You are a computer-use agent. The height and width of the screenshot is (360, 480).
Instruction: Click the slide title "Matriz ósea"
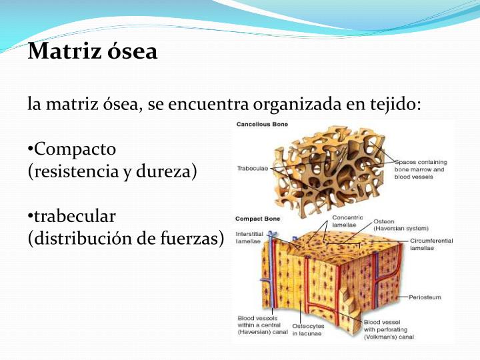click(93, 51)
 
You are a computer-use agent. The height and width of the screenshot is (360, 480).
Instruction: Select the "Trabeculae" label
click(252, 169)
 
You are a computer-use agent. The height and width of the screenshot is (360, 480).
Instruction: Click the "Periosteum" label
click(425, 297)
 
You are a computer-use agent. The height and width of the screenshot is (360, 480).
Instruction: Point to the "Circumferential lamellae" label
click(431, 243)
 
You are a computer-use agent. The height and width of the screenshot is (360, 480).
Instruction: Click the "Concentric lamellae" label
click(347, 221)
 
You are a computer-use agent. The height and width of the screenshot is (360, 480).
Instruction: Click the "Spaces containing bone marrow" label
click(421, 169)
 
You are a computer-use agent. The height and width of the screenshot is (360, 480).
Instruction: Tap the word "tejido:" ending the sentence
click(398, 104)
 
